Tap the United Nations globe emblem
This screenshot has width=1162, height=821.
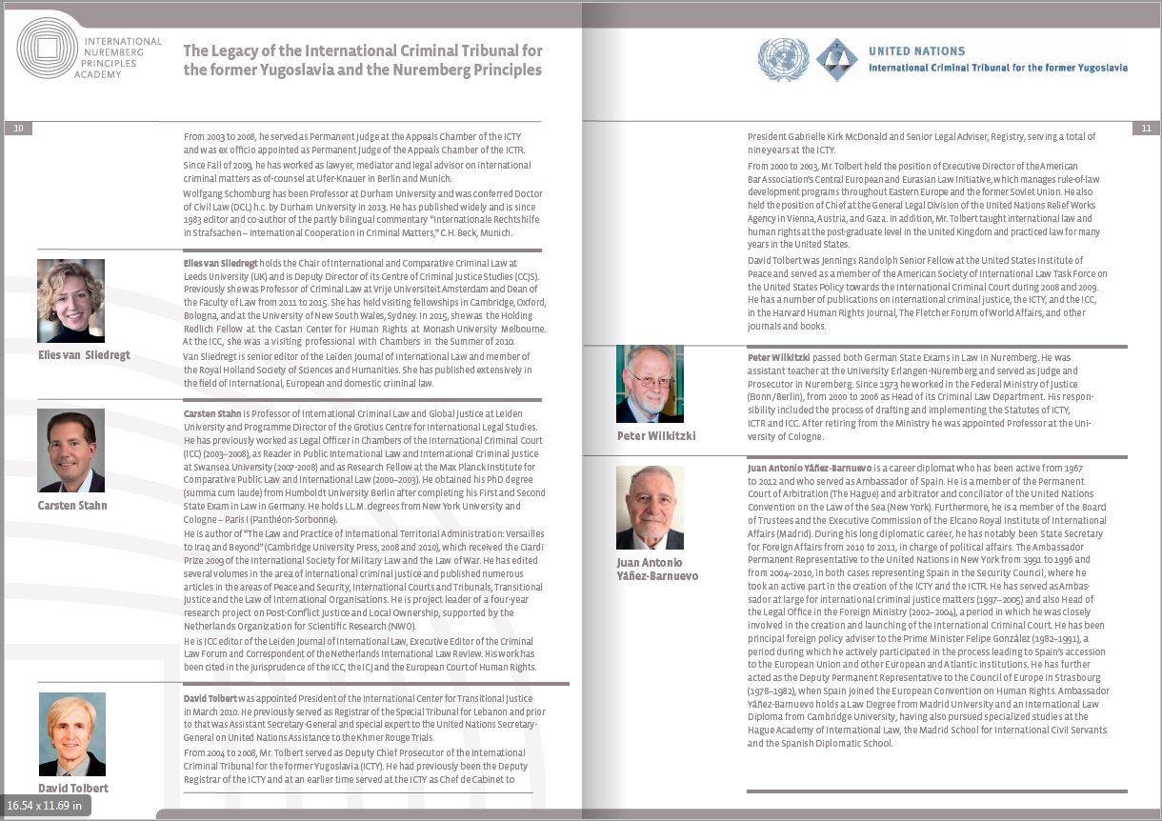click(x=783, y=59)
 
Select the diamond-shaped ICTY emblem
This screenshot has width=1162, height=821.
click(x=836, y=59)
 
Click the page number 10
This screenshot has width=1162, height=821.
click(x=18, y=128)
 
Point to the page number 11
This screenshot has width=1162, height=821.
click(x=1146, y=128)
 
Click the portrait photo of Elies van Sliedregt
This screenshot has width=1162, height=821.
click(x=71, y=300)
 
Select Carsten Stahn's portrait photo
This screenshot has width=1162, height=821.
click(x=71, y=451)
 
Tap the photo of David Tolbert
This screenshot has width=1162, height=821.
click(x=72, y=734)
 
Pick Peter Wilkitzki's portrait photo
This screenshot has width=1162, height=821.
click(x=650, y=384)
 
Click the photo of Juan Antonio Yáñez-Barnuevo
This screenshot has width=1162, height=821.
click(x=650, y=507)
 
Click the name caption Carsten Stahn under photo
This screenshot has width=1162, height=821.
click(x=72, y=505)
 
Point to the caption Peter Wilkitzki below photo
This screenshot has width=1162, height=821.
click(x=656, y=436)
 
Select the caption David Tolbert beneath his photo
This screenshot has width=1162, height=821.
click(x=73, y=788)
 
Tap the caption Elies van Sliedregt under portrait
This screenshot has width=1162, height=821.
click(x=84, y=355)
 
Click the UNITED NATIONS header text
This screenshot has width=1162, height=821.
click(x=916, y=51)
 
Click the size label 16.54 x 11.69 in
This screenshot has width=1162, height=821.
click(x=44, y=806)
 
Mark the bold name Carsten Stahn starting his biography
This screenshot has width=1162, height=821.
click(x=211, y=414)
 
